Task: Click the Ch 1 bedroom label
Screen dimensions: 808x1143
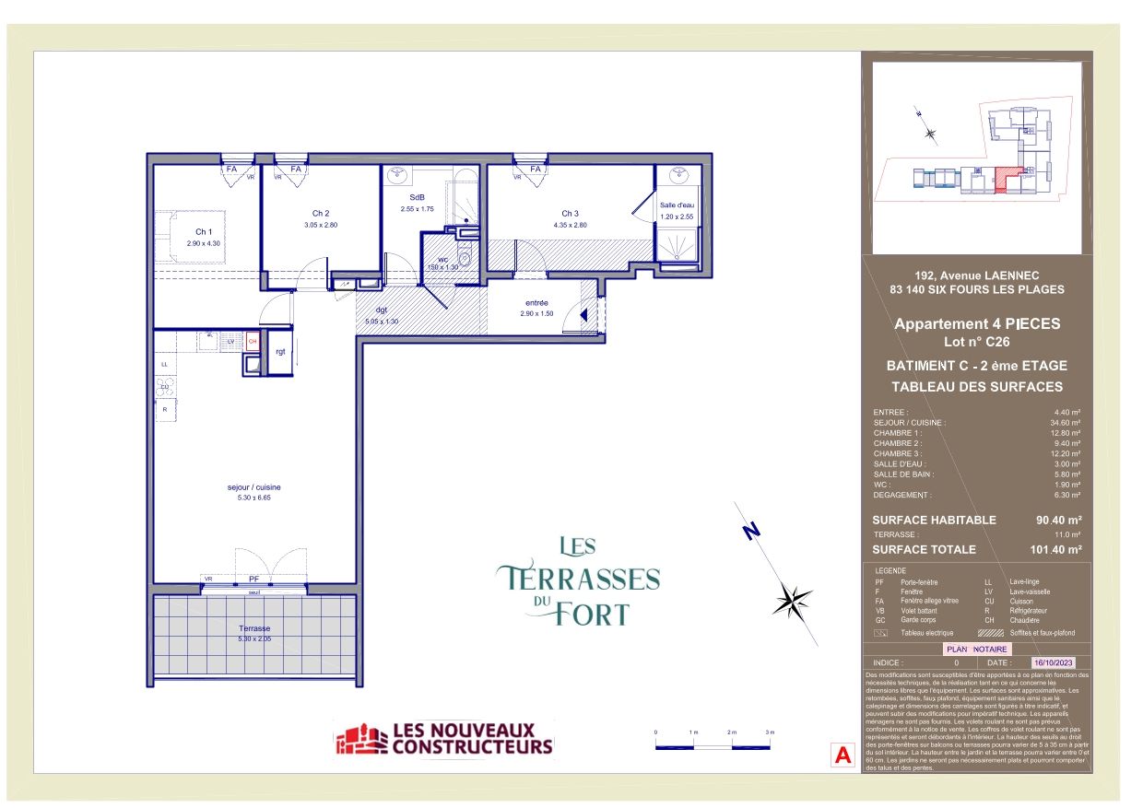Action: (x=204, y=231)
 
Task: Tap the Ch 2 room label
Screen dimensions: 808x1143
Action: (x=321, y=214)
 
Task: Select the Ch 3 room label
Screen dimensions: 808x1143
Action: (x=570, y=214)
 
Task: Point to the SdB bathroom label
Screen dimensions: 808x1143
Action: (x=417, y=198)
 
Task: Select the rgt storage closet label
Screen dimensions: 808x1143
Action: (x=280, y=352)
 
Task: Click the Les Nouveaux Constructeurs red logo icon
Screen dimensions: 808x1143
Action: (x=361, y=739)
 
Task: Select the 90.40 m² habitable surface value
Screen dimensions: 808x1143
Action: (x=1058, y=520)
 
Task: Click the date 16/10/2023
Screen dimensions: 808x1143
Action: (x=1054, y=662)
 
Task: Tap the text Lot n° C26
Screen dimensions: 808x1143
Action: (x=976, y=341)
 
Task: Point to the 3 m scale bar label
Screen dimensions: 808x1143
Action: (x=769, y=731)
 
